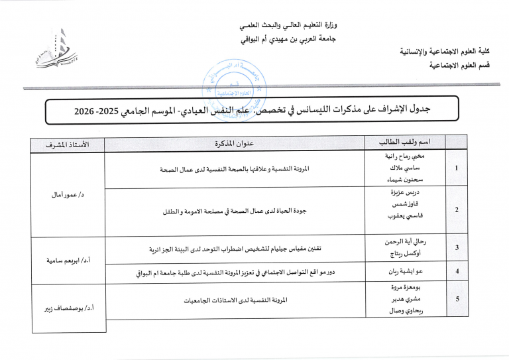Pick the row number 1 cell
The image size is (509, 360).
(x=457, y=169)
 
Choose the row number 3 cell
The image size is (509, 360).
(x=457, y=248)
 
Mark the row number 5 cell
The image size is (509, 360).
(x=457, y=300)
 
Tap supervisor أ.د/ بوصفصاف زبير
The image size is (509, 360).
(x=66, y=308)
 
